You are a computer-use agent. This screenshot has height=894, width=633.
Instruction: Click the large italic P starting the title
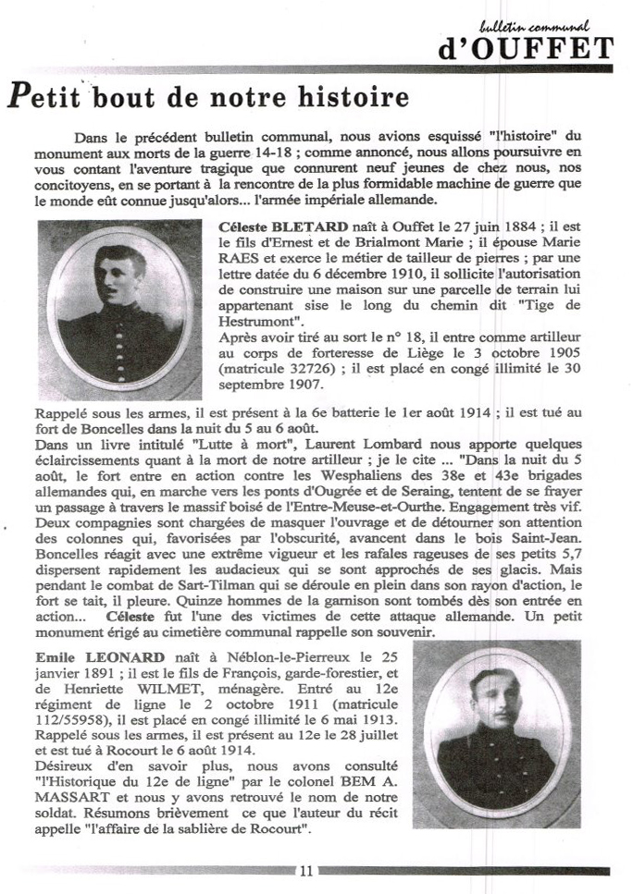pyautogui.click(x=20, y=97)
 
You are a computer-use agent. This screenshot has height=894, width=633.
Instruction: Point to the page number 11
pyautogui.click(x=306, y=870)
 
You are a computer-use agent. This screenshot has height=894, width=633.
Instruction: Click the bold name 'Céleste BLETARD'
pyautogui.click(x=283, y=227)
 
